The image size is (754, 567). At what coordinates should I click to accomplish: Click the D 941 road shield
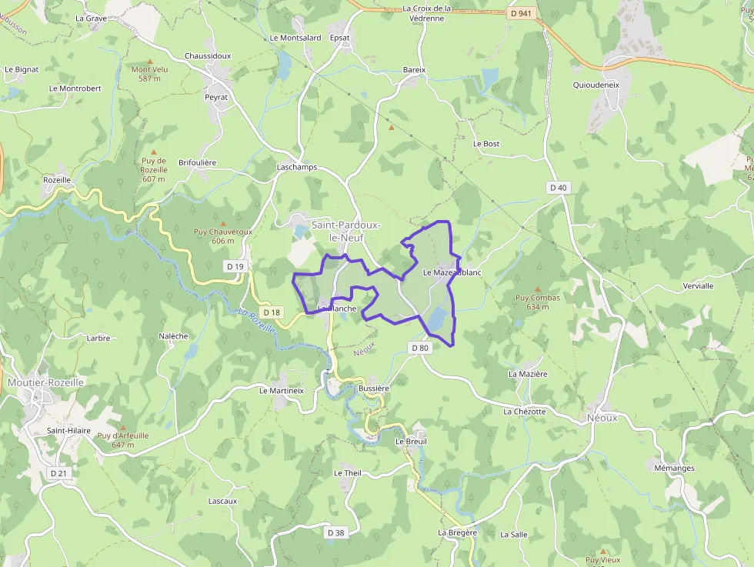click(521, 13)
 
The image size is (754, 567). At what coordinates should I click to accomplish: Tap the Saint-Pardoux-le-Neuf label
click(340, 231)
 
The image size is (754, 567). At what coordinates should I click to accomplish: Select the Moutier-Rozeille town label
click(45, 382)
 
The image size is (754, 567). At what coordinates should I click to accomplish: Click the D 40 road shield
click(559, 188)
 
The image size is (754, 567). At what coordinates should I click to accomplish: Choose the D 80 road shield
click(419, 348)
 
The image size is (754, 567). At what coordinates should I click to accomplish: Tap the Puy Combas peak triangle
click(538, 289)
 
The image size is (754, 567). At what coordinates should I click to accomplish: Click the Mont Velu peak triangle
click(150, 60)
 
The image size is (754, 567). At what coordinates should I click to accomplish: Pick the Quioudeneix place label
click(596, 85)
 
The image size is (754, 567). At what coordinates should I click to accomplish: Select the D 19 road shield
click(235, 266)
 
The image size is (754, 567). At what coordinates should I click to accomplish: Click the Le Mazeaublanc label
click(452, 272)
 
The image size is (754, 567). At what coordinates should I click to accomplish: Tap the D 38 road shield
click(335, 532)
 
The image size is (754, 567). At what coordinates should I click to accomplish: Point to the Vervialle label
click(698, 285)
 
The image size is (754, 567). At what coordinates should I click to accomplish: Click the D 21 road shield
click(58, 473)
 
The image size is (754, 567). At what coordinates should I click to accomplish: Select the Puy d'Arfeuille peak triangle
click(122, 426)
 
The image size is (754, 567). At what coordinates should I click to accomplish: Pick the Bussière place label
click(374, 389)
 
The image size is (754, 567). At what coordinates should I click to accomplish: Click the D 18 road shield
click(272, 312)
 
